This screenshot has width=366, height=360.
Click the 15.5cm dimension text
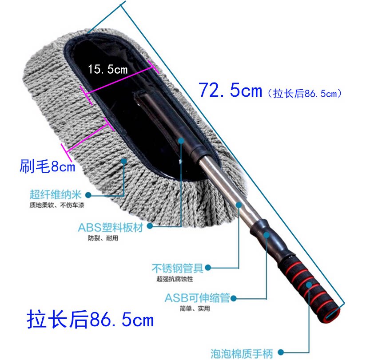107,69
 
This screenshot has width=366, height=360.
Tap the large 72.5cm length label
231,91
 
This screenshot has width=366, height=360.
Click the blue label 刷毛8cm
48,166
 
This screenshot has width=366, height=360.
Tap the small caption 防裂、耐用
103,238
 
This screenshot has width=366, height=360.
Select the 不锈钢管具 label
178,268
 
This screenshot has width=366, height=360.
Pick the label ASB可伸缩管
197,298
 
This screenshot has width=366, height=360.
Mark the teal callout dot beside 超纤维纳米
88,194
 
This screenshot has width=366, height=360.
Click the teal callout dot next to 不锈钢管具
207,268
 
